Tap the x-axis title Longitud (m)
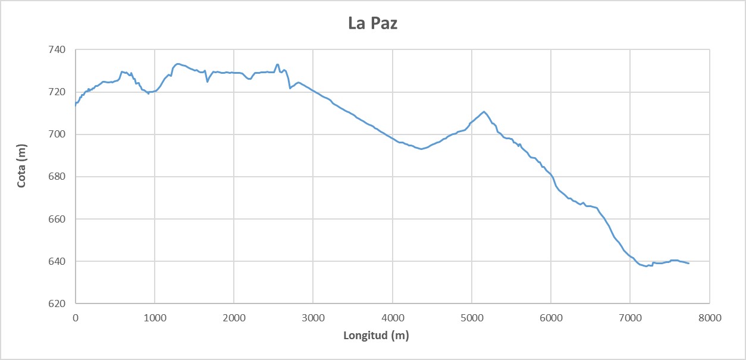coord(376,336)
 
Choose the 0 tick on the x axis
coord(76,318)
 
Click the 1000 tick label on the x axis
coord(155,318)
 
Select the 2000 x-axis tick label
coord(234,318)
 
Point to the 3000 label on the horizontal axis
coord(313,318)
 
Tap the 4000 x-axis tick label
coord(393,318)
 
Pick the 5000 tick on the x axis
coord(472,318)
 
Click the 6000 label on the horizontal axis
coord(551,318)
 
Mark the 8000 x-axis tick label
coord(709,318)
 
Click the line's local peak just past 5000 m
coord(484,112)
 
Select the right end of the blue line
coord(688,263)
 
